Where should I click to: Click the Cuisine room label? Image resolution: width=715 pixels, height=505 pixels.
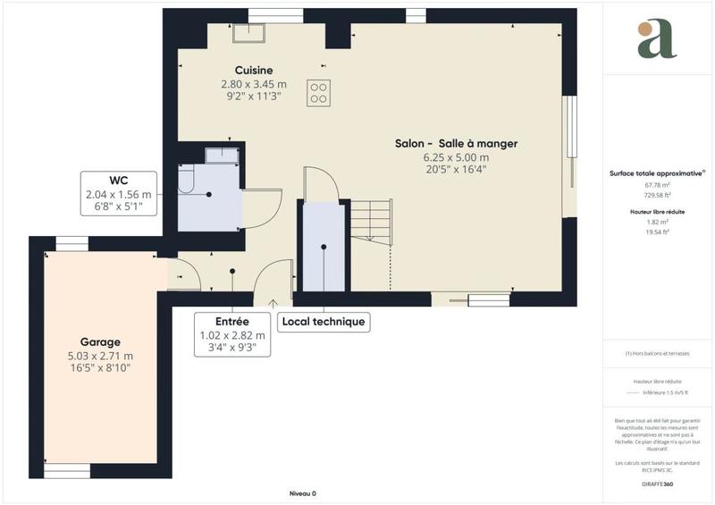coord(253,71)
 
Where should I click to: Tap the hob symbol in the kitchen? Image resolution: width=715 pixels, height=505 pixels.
coord(317,92)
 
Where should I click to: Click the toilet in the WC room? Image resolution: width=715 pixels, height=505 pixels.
coord(186,181)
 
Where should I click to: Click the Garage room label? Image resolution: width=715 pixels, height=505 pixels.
coord(99,342)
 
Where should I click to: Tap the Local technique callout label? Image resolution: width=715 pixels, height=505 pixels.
coord(323,322)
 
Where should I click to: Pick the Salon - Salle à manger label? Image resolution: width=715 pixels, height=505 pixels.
coord(457,144)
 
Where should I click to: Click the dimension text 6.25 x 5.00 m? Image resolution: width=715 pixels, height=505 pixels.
coord(457,157)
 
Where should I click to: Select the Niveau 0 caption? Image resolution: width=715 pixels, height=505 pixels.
coord(303,493)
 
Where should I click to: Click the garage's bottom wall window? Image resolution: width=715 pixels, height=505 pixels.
coord(67,469)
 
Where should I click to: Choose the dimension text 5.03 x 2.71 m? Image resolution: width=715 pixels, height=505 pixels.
coord(99,356)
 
